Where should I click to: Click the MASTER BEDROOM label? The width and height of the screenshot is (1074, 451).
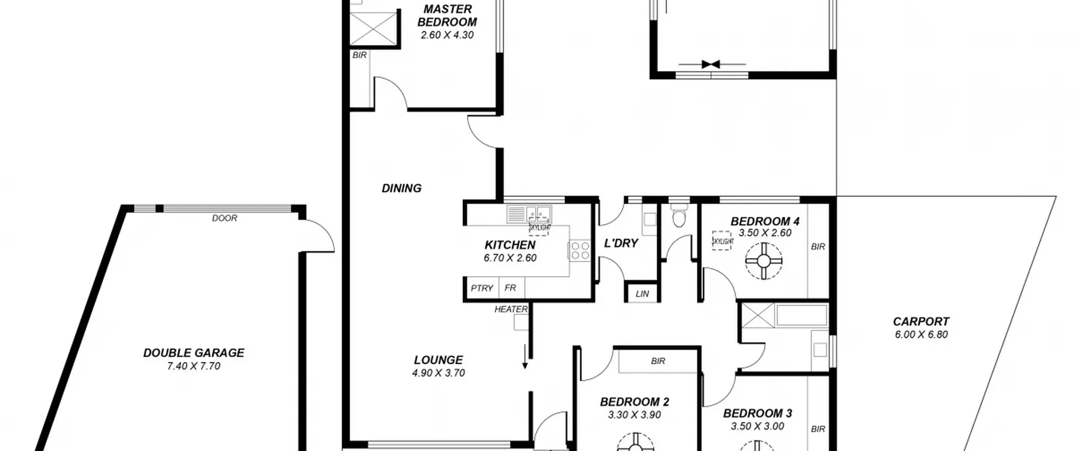pos(447,16)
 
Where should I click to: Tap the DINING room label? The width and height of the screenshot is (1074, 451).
pos(401,188)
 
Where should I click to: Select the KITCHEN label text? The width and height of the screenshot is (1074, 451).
pos(510,245)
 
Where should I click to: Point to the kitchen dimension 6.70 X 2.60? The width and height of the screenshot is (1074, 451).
pos(510,258)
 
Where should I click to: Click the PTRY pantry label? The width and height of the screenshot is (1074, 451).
pos(482,288)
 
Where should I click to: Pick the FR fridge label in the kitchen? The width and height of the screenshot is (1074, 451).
pos(510,288)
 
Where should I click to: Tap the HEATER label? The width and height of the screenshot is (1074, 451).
pos(511,309)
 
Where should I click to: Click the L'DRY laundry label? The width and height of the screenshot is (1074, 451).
pos(621,243)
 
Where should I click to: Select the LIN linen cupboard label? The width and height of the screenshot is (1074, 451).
pos(642,294)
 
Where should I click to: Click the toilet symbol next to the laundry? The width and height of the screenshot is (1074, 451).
pos(678,215)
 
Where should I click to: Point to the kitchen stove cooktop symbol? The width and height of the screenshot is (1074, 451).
pos(579,250)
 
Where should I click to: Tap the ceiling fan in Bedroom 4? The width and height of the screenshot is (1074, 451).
pos(764,261)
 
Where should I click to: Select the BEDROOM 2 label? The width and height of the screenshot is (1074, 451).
pos(634,402)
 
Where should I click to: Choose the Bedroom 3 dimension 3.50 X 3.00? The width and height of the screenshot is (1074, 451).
pos(757,426)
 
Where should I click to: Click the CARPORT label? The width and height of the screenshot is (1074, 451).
pos(921,322)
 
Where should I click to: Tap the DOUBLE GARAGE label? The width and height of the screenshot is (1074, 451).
pos(193,353)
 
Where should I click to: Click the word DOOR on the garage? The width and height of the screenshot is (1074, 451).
pos(224,218)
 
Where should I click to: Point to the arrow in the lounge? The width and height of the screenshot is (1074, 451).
pos(525,357)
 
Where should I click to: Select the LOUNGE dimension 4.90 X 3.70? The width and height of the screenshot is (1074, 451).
pos(438,373)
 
